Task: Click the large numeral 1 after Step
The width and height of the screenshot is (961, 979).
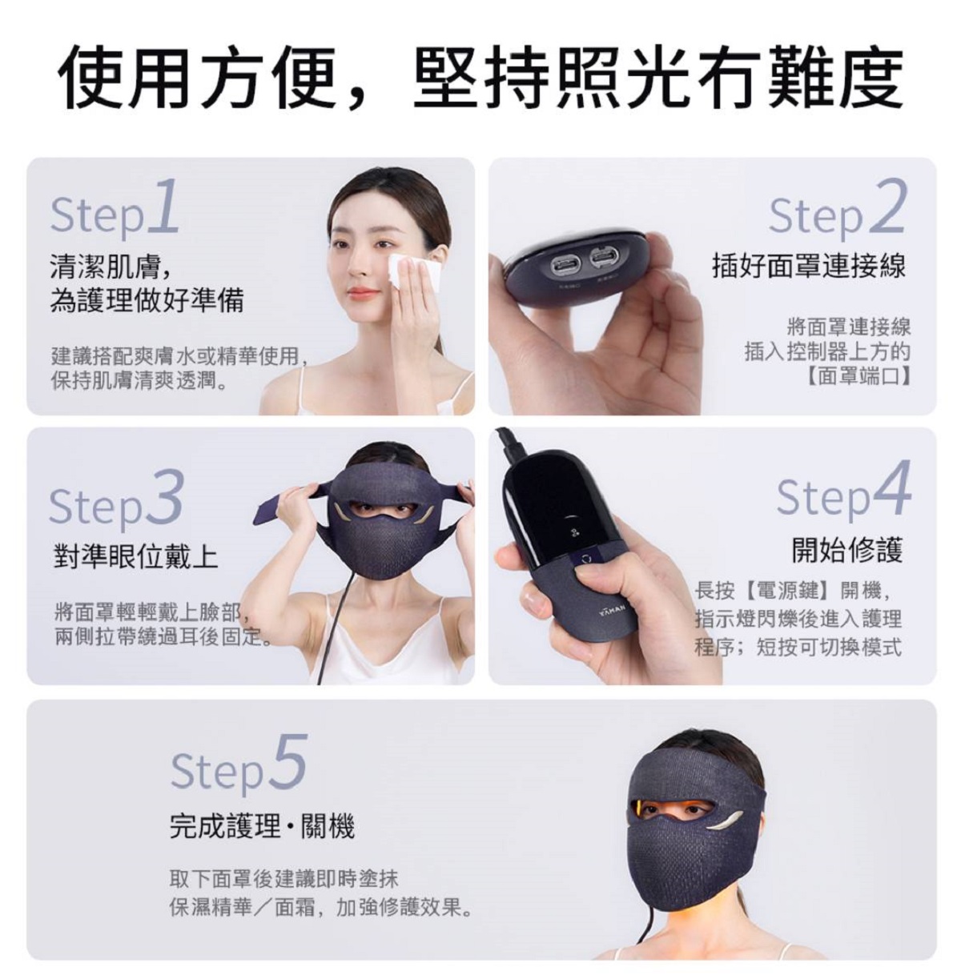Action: coord(163,207)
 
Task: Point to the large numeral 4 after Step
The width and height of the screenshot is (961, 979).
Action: coord(891,490)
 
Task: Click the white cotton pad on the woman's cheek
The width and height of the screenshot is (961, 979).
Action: coord(414,267)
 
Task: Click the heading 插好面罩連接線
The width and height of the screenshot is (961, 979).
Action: coord(809,266)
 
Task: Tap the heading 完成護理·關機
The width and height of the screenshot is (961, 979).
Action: coord(263,826)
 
